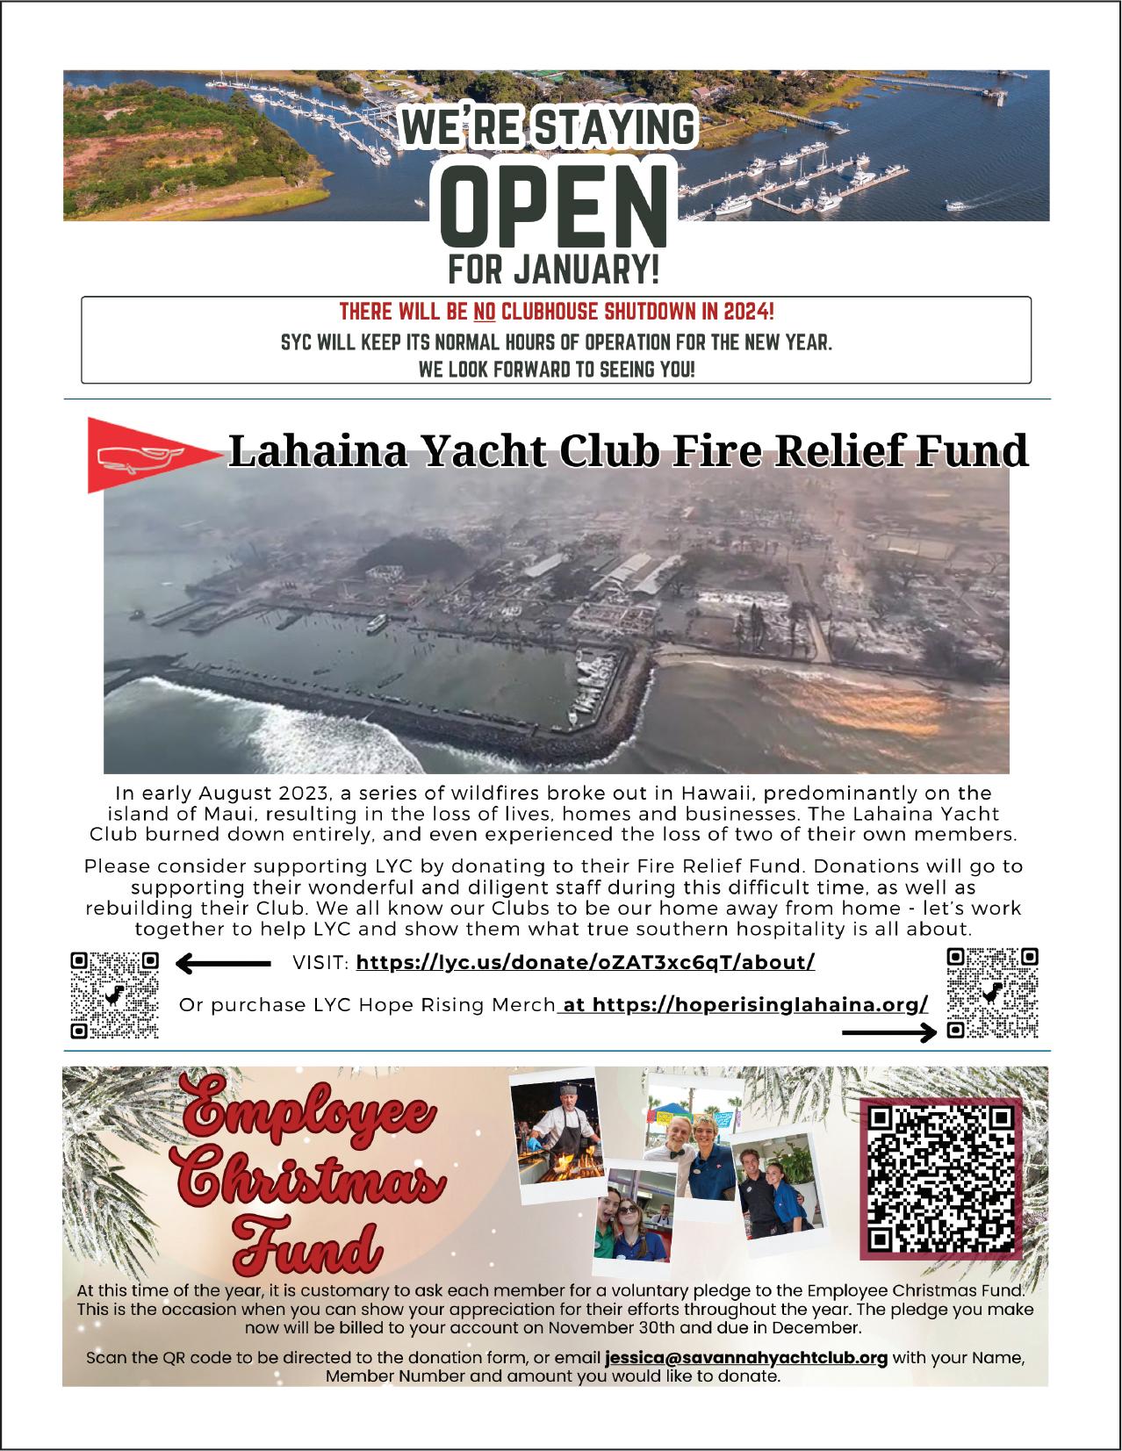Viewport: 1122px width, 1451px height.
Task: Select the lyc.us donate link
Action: point(586,963)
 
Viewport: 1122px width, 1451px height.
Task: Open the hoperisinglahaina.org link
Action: point(759,1004)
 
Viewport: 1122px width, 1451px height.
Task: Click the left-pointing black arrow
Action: point(223,964)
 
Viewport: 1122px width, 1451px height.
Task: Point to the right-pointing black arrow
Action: point(888,1033)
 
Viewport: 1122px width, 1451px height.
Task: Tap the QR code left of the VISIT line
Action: point(115,995)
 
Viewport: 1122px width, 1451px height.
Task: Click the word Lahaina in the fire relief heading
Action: point(315,450)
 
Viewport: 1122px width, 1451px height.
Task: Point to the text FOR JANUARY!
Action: point(553,269)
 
